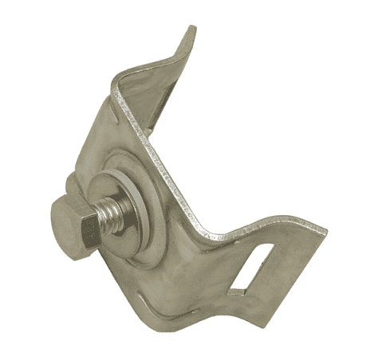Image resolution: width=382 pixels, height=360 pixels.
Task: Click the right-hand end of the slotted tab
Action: pyautogui.click(x=321, y=231)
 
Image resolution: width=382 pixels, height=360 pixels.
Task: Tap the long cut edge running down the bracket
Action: pyautogui.click(x=171, y=159)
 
